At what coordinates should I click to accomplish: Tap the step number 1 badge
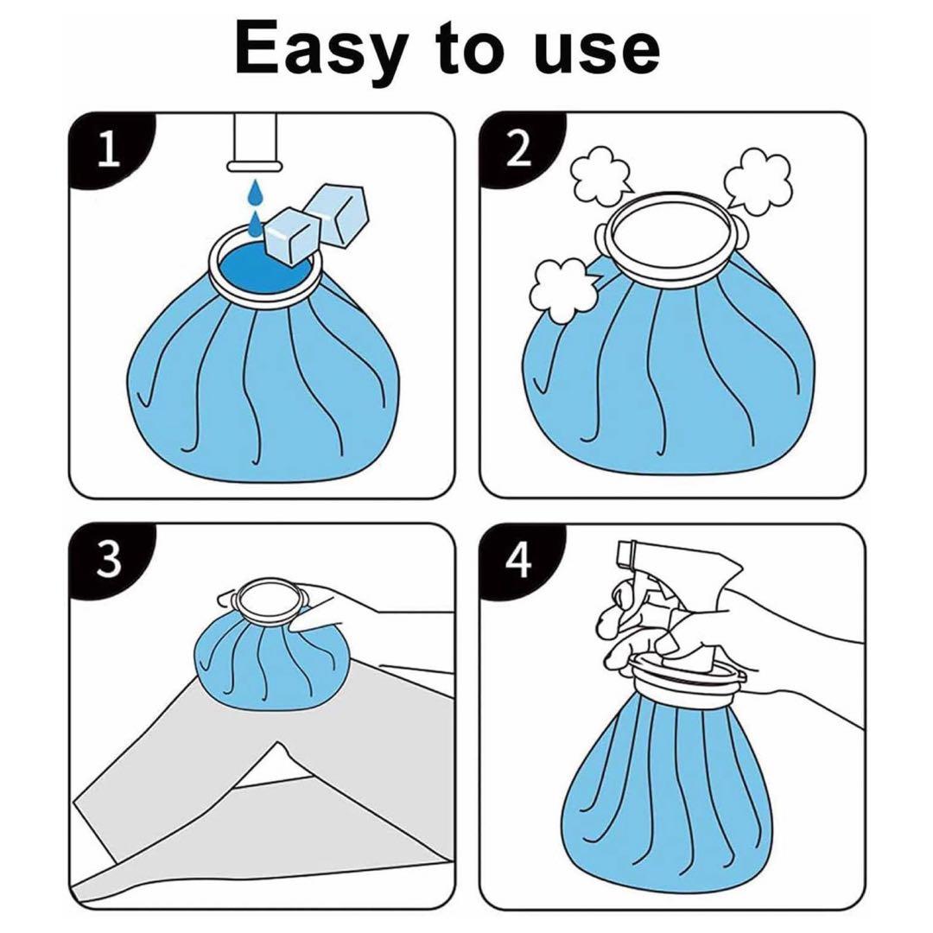(x=108, y=149)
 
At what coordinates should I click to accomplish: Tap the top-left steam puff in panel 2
(x=600, y=174)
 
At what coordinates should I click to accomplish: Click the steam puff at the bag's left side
(x=563, y=289)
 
